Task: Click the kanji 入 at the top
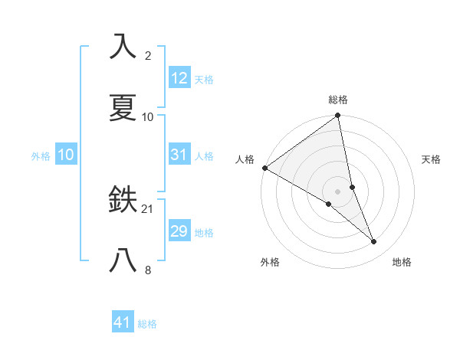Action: pyautogui.click(x=123, y=46)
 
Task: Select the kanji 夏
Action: pyautogui.click(x=123, y=107)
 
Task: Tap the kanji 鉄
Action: pyautogui.click(x=123, y=200)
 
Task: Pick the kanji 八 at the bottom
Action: pyautogui.click(x=123, y=261)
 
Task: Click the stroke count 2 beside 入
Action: pyautogui.click(x=148, y=55)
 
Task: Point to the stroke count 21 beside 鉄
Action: pyautogui.click(x=148, y=208)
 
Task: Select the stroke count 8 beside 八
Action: pyautogui.click(x=148, y=270)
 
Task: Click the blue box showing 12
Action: pyautogui.click(x=179, y=78)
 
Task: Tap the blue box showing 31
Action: pyautogui.click(x=179, y=155)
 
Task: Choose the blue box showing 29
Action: pyautogui.click(x=179, y=231)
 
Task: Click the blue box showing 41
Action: pyautogui.click(x=123, y=323)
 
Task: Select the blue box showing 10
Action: pyautogui.click(x=66, y=155)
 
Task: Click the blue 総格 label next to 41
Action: pyautogui.click(x=147, y=324)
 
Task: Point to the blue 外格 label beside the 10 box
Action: pyautogui.click(x=41, y=155)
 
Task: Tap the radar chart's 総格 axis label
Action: pyautogui.click(x=338, y=100)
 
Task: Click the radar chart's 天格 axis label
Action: pyautogui.click(x=431, y=159)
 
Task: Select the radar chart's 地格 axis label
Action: pyautogui.click(x=402, y=262)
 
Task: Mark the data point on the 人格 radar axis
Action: pyautogui.click(x=264, y=168)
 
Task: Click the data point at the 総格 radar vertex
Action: pyautogui.click(x=338, y=116)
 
